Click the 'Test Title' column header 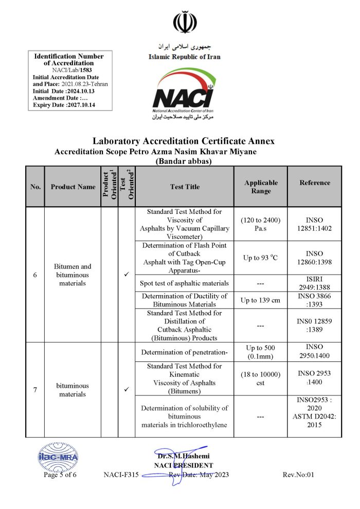(185, 187)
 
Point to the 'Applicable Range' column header (261, 187)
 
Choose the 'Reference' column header (315, 183)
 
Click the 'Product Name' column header (73, 187)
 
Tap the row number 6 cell (35, 275)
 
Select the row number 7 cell (35, 390)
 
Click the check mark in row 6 (127, 275)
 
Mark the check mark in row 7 (127, 390)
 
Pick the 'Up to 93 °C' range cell (261, 257)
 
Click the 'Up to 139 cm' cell (261, 300)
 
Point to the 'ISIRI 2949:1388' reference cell (315, 283)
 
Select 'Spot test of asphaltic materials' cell (185, 283)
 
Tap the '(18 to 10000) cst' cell (261, 378)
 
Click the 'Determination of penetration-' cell (185, 352)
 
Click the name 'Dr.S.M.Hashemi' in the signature (184, 456)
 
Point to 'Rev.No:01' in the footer (298, 475)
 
